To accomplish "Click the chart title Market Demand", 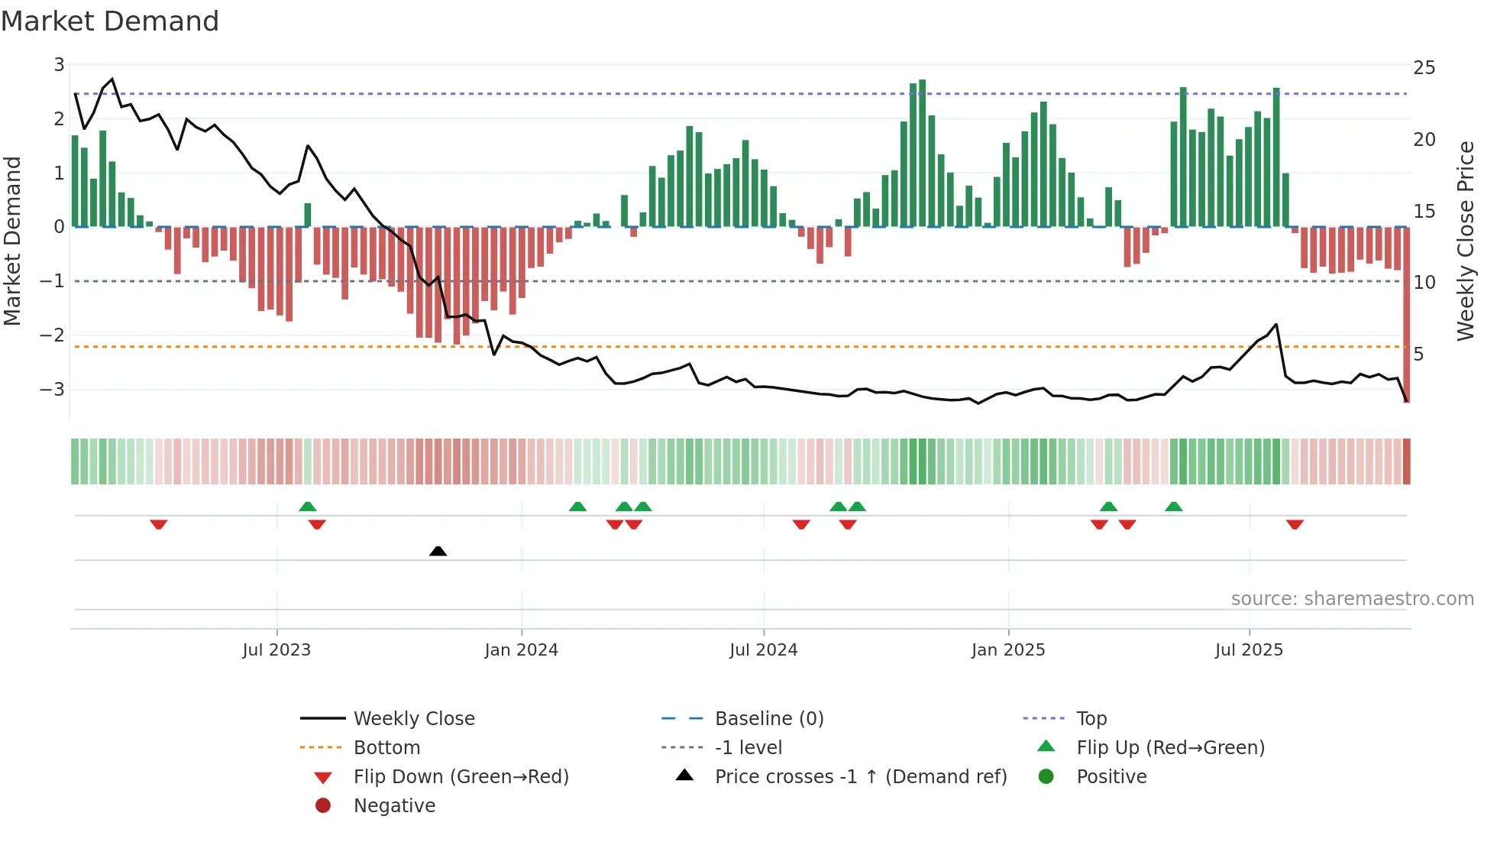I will (x=110, y=21).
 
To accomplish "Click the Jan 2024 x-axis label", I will (x=521, y=650).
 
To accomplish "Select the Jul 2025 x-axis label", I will (x=1249, y=650).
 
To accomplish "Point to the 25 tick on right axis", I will (x=1424, y=68).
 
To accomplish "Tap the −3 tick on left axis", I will (x=53, y=390).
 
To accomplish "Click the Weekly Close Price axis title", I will (x=1465, y=241).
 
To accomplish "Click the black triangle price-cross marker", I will (x=438, y=551).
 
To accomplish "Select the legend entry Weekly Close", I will (x=413, y=719).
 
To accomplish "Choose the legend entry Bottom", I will (x=386, y=748).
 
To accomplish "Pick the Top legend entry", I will (x=1091, y=719).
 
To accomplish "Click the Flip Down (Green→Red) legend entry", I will (x=461, y=777).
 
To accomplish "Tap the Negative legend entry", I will (x=394, y=806).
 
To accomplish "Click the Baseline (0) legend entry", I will (x=768, y=719).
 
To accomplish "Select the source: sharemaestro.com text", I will (x=1352, y=599).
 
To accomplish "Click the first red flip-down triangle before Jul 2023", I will (x=159, y=524).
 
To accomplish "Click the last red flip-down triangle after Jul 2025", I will (x=1295, y=524).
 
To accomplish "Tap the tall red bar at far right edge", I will (x=1406, y=336).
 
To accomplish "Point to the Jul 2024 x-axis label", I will (x=763, y=650).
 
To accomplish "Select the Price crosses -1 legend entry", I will (x=860, y=777).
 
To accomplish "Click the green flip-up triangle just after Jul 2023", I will (x=308, y=507).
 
